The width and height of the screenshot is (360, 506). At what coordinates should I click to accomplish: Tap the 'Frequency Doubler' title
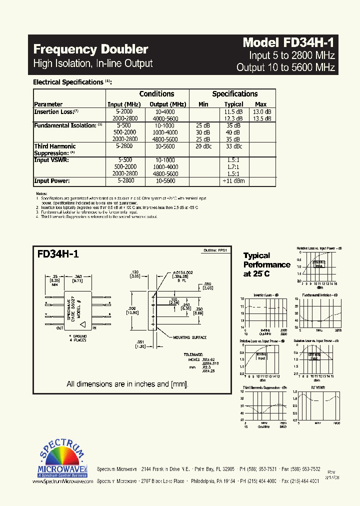(x=90, y=49)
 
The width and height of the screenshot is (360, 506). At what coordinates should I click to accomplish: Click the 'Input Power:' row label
(x=52, y=180)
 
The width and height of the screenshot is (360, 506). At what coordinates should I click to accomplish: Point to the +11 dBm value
(x=233, y=180)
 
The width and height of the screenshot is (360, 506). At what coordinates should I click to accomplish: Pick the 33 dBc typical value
(x=233, y=146)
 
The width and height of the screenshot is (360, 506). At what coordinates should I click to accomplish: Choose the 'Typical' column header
(x=234, y=104)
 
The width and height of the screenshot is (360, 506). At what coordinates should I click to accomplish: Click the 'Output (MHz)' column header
(x=168, y=104)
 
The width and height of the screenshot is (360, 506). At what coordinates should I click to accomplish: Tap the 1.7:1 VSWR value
(x=233, y=166)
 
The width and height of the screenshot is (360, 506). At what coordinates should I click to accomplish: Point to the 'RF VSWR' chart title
(x=318, y=387)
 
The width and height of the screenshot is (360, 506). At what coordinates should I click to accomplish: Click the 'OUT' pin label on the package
(x=60, y=328)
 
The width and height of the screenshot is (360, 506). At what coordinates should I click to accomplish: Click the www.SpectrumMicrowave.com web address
(x=62, y=481)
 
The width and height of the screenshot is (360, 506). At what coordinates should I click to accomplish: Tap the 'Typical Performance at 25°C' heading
(x=266, y=264)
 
